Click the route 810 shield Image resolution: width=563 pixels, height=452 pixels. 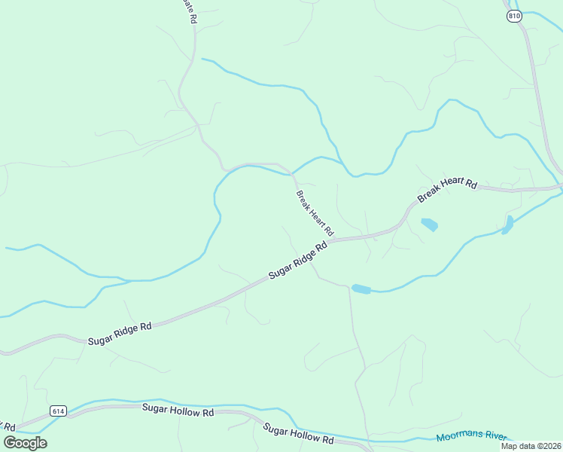tap(514, 16)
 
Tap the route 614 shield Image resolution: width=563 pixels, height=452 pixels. tap(58, 411)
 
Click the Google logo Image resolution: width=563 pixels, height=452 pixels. tap(25, 442)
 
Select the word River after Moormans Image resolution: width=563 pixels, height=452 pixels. tap(496, 435)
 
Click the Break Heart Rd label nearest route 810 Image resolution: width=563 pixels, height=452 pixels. tap(448, 191)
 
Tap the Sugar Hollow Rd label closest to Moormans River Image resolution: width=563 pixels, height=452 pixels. tap(298, 433)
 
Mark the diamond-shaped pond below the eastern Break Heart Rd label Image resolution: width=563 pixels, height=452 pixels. tap(429, 224)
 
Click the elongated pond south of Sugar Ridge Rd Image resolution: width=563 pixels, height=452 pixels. tap(361, 289)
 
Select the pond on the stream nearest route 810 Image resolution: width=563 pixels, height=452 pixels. tap(508, 224)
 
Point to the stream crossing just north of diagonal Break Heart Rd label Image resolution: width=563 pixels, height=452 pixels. tap(292, 174)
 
